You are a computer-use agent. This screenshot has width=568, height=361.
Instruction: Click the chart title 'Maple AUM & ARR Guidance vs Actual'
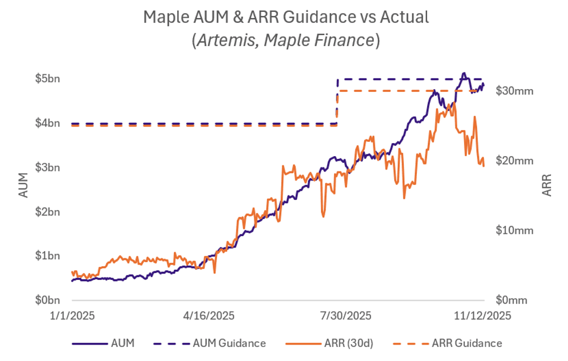(x=286, y=17)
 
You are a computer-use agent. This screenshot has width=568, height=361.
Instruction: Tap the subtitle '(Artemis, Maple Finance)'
(x=286, y=40)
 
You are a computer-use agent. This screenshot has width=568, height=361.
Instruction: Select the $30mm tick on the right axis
(x=515, y=91)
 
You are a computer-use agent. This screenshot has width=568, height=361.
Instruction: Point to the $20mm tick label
(x=515, y=161)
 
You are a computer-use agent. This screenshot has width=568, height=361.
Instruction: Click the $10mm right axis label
(x=515, y=230)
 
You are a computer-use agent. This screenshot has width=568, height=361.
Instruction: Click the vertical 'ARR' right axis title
(x=546, y=185)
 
